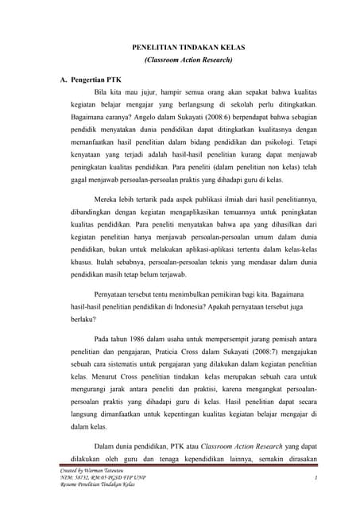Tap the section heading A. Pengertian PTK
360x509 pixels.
(x=92, y=81)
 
